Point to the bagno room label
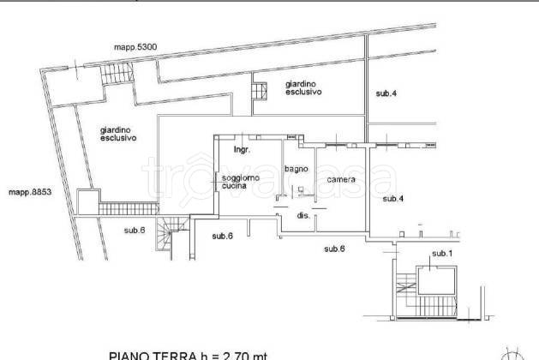296,169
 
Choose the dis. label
303,216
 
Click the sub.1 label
441,253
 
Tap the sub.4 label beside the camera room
392,198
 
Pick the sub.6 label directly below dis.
334,249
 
